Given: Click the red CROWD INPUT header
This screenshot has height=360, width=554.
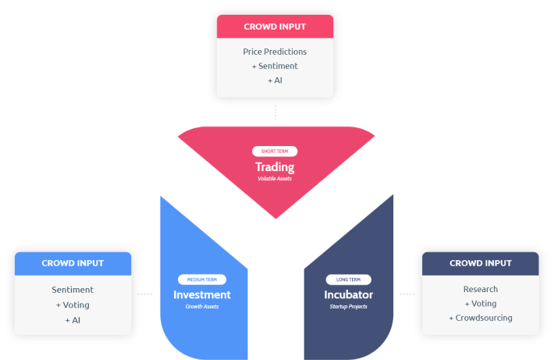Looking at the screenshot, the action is [275, 27].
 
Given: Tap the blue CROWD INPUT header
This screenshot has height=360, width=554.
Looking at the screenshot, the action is [73, 263].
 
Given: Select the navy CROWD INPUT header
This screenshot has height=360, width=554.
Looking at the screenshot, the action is [481, 263].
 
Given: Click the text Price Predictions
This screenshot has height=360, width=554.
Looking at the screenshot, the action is [275, 52].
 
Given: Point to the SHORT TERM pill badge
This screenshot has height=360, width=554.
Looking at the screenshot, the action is [275, 151].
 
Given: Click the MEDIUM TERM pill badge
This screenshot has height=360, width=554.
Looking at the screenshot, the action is [202, 280].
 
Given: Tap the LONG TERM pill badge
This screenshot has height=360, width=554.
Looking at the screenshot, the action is [348, 280].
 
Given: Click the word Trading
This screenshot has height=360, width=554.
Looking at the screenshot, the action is [275, 167].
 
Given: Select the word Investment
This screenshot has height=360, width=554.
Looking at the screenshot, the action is [202, 294].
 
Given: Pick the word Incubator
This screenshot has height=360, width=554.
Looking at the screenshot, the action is [348, 294].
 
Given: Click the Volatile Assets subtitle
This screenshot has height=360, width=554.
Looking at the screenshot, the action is [275, 179].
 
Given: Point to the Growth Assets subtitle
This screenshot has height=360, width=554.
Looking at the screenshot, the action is [202, 307].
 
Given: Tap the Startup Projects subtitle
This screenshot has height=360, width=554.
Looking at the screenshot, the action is [348, 307].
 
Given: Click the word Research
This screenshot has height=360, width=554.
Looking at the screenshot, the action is [481, 289].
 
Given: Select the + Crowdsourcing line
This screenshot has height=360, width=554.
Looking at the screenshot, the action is [481, 318].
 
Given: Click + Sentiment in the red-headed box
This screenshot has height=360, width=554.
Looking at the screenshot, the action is [275, 66].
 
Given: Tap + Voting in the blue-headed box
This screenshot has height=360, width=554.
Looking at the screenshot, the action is [73, 305].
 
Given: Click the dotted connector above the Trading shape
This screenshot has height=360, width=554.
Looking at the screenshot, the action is [275, 112].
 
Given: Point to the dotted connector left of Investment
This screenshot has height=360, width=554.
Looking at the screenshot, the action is [145, 294].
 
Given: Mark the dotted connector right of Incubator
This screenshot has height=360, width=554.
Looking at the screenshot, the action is [407, 294].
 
